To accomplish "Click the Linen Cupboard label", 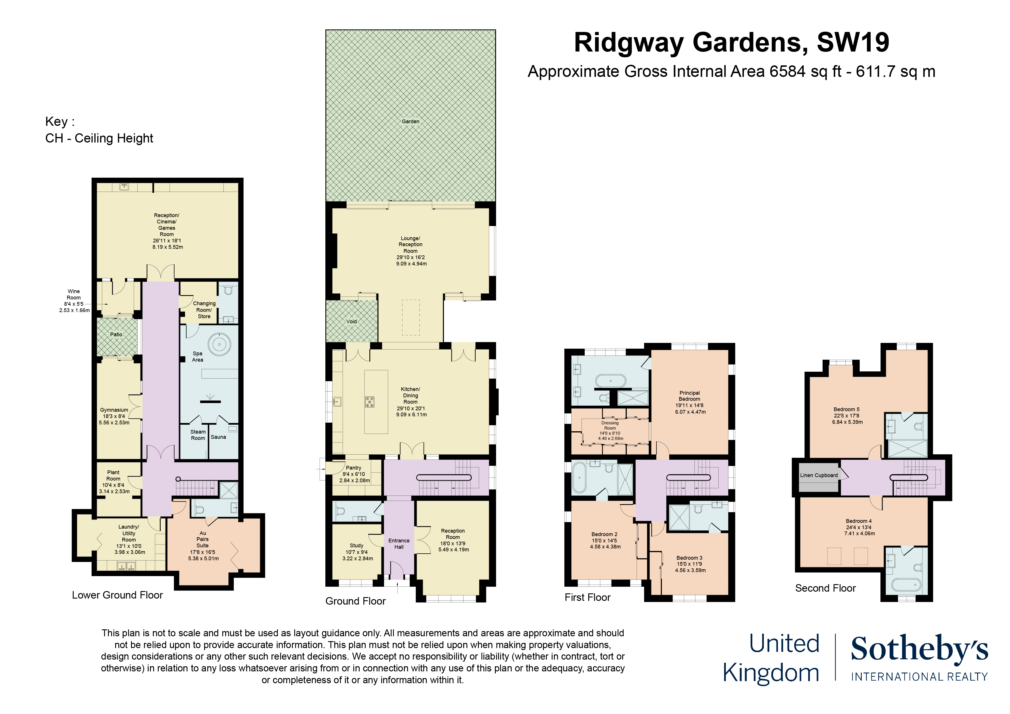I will [x=819, y=475].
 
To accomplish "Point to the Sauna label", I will [x=218, y=437].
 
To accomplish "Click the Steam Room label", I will [x=198, y=435].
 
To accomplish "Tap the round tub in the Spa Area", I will [x=219, y=344].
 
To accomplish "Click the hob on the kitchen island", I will [x=369, y=402].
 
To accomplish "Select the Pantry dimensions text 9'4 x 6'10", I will [x=354, y=474].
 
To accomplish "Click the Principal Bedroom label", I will [x=689, y=396].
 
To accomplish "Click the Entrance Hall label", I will [x=399, y=544].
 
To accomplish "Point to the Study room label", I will [x=356, y=546].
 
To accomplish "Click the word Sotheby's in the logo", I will [x=919, y=649].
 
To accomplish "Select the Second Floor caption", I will [x=825, y=588].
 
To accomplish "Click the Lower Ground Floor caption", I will [x=117, y=595].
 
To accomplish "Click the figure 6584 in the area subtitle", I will [x=787, y=72].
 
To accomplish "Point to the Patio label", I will [x=116, y=334].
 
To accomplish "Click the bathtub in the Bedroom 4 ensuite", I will [x=905, y=585].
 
